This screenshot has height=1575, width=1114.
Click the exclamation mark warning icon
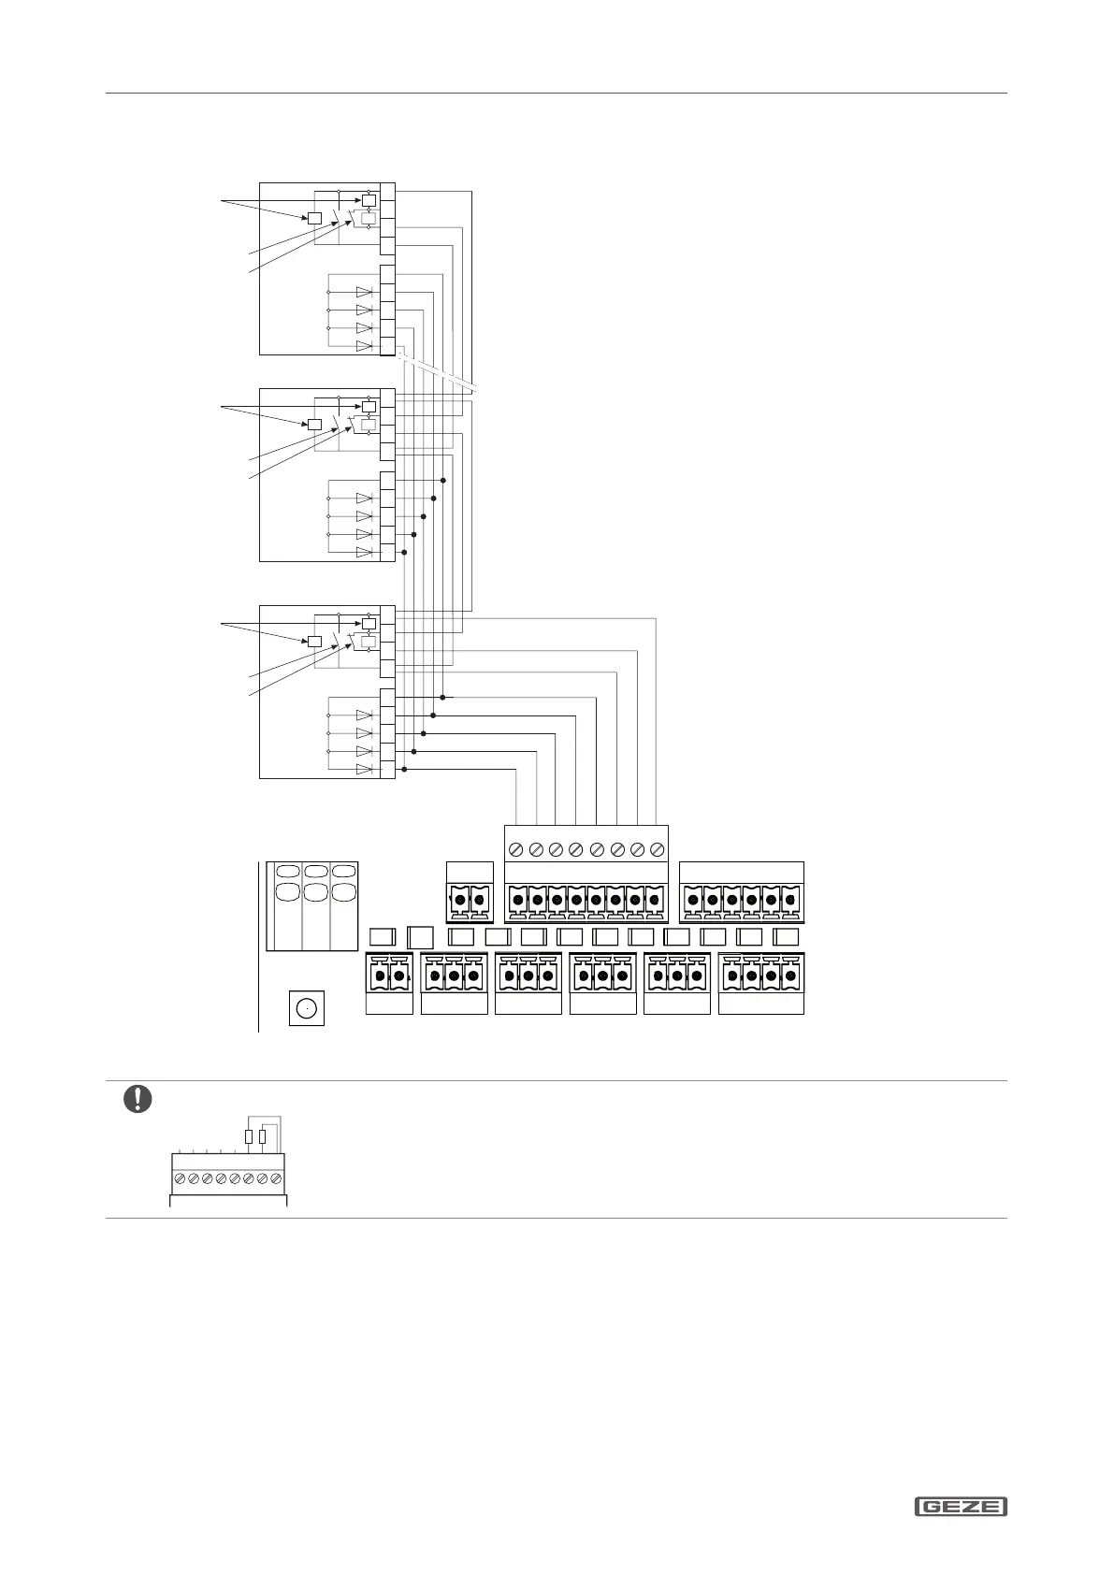pyautogui.click(x=137, y=1098)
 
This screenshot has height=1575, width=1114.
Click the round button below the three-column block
pyautogui.click(x=306, y=1009)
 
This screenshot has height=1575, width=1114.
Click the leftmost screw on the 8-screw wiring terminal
pyautogui.click(x=516, y=849)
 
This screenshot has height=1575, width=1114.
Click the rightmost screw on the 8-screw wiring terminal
pyautogui.click(x=657, y=849)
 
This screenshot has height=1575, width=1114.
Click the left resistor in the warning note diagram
pyautogui.click(x=248, y=1136)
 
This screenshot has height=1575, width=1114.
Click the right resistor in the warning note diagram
pyautogui.click(x=262, y=1136)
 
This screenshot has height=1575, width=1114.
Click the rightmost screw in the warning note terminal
pyautogui.click(x=276, y=1178)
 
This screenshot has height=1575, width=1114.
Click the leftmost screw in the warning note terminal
pyautogui.click(x=180, y=1178)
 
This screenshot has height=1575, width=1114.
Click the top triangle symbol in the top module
pyautogui.click(x=364, y=292)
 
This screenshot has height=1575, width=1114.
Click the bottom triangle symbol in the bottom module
pyautogui.click(x=364, y=769)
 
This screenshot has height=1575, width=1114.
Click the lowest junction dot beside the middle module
pyautogui.click(x=404, y=553)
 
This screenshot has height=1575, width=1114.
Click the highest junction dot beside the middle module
pyautogui.click(x=442, y=480)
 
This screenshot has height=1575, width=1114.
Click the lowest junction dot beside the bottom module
pyautogui.click(x=404, y=770)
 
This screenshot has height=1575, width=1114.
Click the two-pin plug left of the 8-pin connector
pyautogui.click(x=470, y=900)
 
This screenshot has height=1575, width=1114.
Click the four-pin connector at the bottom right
pyautogui.click(x=761, y=976)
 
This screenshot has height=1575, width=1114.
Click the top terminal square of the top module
pyautogui.click(x=387, y=192)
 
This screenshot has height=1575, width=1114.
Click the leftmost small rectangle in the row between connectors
pyautogui.click(x=382, y=937)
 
